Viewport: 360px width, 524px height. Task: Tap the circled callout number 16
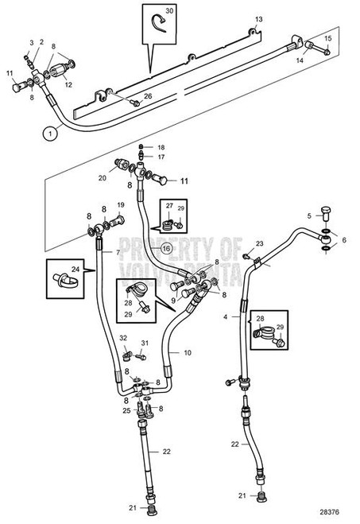tap(167, 247)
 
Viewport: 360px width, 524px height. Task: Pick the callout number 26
tap(148, 96)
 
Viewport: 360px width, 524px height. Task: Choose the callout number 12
tap(69, 84)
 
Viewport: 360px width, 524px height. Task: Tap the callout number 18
tap(160, 148)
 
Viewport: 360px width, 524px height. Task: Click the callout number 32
tap(123, 340)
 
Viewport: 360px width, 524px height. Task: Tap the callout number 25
tap(126, 410)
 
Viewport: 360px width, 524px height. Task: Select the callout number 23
tap(259, 243)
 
